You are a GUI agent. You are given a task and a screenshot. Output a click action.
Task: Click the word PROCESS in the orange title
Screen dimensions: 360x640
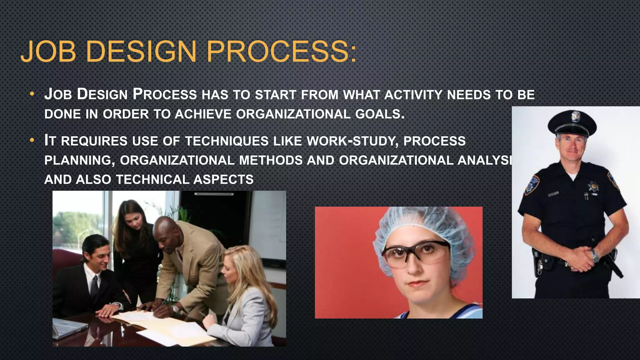281,52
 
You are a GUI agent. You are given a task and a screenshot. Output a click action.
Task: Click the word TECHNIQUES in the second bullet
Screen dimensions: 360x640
227,141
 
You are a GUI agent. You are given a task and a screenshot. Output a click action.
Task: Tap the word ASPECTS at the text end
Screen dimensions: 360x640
223,180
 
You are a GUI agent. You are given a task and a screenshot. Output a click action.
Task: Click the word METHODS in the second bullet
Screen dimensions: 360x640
271,160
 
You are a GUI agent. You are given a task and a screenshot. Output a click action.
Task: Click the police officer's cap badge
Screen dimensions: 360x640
576,116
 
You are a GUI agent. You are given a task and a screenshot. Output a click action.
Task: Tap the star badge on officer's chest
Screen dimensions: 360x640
593,187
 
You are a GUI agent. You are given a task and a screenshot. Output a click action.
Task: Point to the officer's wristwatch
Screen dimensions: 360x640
595,256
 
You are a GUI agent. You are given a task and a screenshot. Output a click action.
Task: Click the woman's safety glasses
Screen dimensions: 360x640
416,252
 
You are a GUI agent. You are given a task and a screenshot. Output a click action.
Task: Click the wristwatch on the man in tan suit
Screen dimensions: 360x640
175,309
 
